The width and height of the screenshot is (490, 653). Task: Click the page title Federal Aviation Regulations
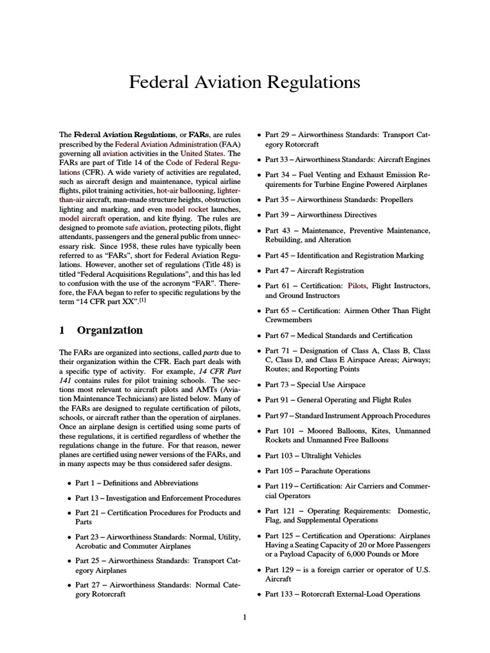pyautogui.click(x=244, y=82)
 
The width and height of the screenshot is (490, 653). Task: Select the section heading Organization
pyautogui.click(x=110, y=330)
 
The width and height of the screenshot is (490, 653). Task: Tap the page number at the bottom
pyautogui.click(x=245, y=617)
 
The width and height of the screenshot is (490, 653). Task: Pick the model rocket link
pyautogui.click(x=186, y=209)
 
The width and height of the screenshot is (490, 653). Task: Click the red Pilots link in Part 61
pyautogui.click(x=357, y=286)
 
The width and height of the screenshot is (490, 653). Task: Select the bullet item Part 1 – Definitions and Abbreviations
pyautogui.click(x=137, y=483)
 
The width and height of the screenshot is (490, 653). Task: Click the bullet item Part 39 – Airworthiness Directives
pyautogui.click(x=320, y=215)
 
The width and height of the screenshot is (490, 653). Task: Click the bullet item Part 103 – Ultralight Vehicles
pyautogui.click(x=313, y=456)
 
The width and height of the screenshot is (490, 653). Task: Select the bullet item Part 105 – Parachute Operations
pyautogui.click(x=317, y=471)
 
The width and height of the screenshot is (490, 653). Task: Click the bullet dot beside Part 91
pyautogui.click(x=258, y=400)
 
